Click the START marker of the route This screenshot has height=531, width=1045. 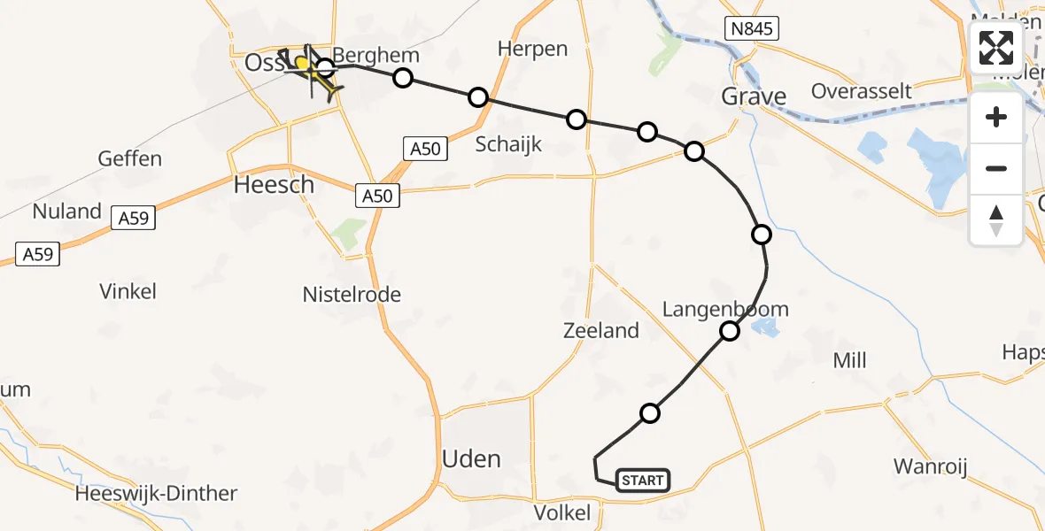point(642,481)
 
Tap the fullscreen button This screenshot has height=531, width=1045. point(996,48)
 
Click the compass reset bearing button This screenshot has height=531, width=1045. point(996,220)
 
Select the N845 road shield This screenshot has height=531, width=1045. point(753,29)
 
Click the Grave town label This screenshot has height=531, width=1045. point(754,96)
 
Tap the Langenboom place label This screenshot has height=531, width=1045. point(725,309)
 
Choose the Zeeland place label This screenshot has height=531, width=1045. point(601,330)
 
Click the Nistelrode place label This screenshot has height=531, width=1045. point(352,295)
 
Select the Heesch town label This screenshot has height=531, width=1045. point(274,184)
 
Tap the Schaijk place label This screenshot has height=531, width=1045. point(508,144)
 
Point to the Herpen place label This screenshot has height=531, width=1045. point(532,49)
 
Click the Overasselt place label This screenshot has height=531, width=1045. point(861,91)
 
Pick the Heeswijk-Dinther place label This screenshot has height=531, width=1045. point(157,494)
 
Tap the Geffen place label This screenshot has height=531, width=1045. point(130,158)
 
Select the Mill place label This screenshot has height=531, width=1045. point(849,360)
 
